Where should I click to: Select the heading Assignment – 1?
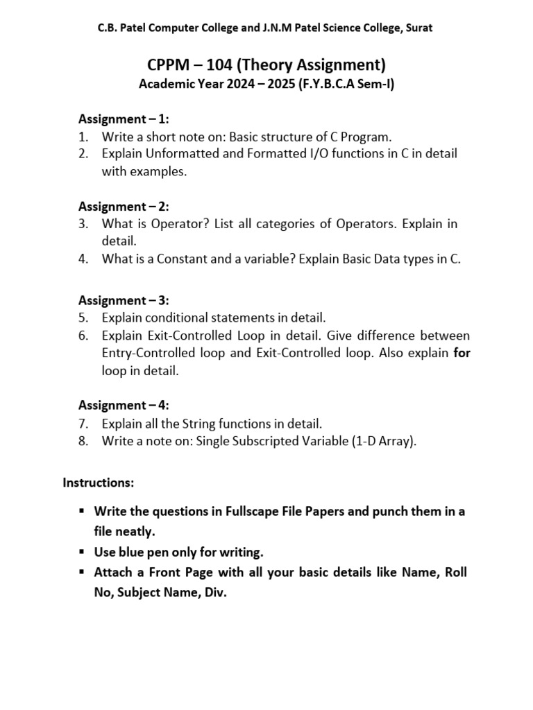pyautogui.click(x=124, y=119)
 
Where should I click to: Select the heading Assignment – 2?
pyautogui.click(x=124, y=206)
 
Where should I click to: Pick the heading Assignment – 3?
pyautogui.click(x=124, y=300)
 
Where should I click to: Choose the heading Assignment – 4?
pyautogui.click(x=124, y=405)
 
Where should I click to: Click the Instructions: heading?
pyautogui.click(x=99, y=481)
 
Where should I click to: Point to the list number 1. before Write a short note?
pyautogui.click(x=83, y=137)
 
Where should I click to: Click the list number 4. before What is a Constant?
pyautogui.click(x=83, y=259)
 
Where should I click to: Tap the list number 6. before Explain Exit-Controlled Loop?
pyautogui.click(x=83, y=336)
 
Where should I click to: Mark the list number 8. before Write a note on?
pyautogui.click(x=83, y=440)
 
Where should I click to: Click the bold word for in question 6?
pyautogui.click(x=462, y=353)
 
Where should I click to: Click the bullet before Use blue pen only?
pyautogui.click(x=81, y=552)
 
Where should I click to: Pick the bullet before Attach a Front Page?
pyautogui.click(x=81, y=572)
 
